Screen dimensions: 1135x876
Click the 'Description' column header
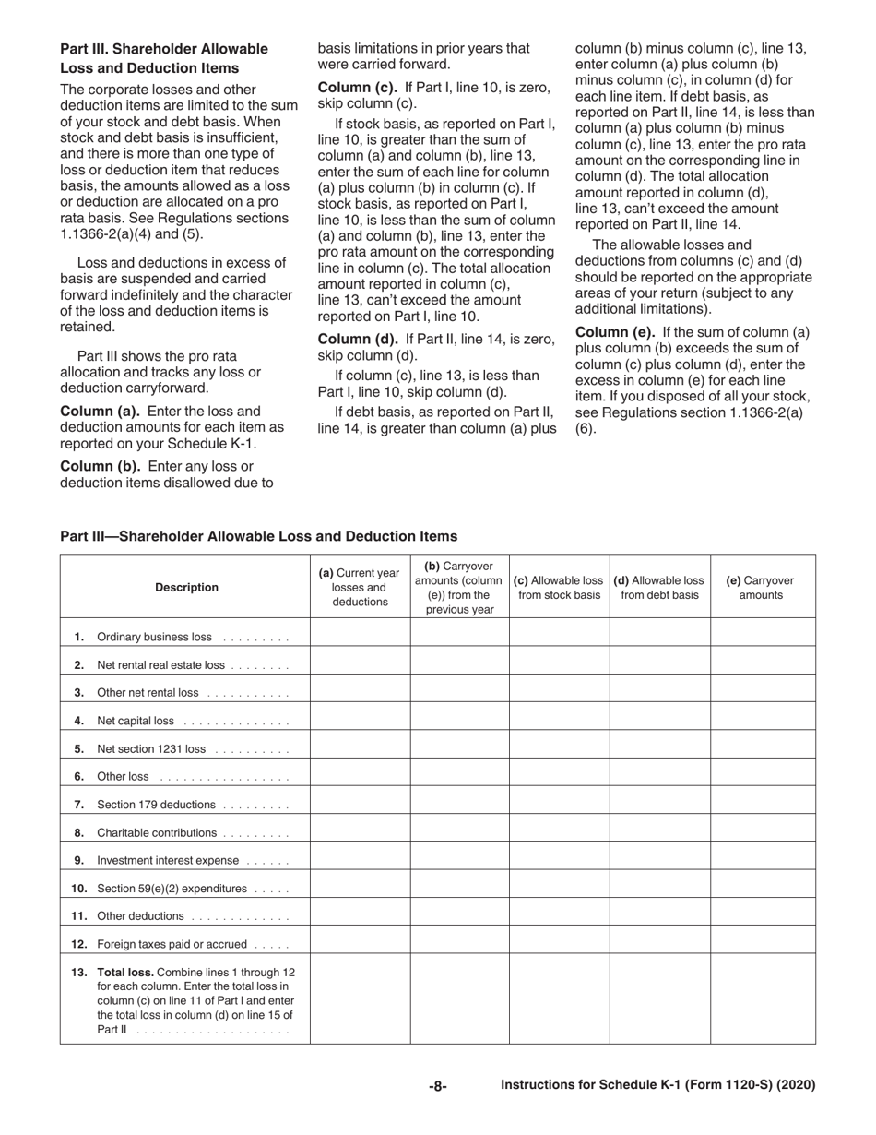click(186, 587)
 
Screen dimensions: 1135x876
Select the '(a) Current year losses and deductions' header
click(360, 587)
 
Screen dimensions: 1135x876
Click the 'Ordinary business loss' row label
click(153, 637)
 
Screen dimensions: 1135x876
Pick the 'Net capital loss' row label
click(136, 721)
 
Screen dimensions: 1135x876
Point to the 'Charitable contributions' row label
click(157, 832)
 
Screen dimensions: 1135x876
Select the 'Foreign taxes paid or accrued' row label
click(172, 944)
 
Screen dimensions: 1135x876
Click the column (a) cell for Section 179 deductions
click(360, 805)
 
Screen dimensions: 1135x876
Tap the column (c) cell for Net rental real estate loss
click(559, 664)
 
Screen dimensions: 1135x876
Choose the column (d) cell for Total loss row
click(659, 999)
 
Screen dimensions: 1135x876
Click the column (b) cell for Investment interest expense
click(459, 860)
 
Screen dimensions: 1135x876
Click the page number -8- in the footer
click(437, 1086)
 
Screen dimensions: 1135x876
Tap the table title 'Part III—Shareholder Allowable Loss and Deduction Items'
click(258, 536)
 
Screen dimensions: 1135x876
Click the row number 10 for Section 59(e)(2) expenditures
click(79, 889)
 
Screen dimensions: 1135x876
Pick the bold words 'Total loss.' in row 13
click(126, 972)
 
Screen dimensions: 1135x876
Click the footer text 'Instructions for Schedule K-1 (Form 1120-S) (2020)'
click(657, 1086)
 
